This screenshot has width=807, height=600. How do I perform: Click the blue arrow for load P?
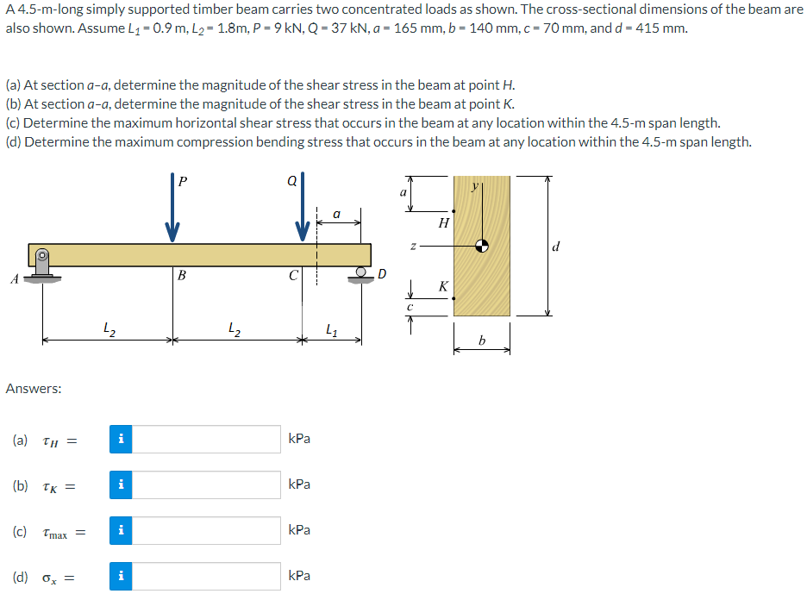tap(172, 216)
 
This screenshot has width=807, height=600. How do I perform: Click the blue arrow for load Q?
tap(303, 216)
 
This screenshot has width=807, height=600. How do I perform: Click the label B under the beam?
tap(181, 276)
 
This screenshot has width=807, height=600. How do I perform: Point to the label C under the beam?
tap(293, 276)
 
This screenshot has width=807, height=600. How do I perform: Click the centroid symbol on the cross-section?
tap(483, 246)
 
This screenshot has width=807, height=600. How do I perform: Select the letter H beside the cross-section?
tap(443, 223)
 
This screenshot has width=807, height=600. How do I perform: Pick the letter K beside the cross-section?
tap(443, 285)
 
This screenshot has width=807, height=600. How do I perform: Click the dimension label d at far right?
tap(556, 247)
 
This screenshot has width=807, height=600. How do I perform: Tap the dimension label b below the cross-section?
tap(483, 343)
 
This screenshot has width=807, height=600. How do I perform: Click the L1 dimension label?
tap(332, 328)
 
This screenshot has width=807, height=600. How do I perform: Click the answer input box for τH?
tap(207, 439)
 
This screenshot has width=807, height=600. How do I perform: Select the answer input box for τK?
tap(207, 484)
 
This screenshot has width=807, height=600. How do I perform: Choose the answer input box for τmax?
tap(207, 530)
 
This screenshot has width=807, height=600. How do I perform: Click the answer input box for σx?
tap(207, 576)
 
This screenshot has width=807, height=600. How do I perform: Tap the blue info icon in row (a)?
tap(122, 439)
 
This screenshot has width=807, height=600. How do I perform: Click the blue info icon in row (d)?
tap(122, 576)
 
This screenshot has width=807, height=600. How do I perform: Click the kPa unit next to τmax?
tap(299, 530)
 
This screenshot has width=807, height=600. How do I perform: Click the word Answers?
tap(34, 389)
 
